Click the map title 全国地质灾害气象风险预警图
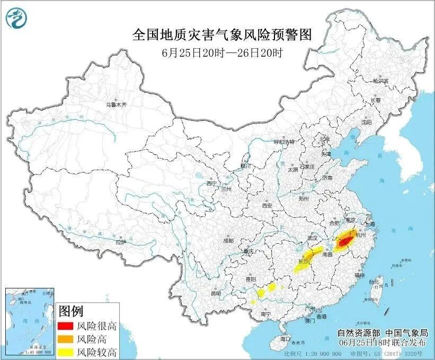tap(221, 36)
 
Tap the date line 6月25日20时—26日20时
tap(221, 52)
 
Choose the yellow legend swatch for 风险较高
tap(65, 351)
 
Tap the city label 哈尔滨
tap(380, 81)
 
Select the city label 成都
tap(228, 240)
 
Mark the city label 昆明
tap(216, 293)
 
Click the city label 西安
tap(267, 206)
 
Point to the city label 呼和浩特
tap(283, 142)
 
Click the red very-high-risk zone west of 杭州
tap(344, 242)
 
